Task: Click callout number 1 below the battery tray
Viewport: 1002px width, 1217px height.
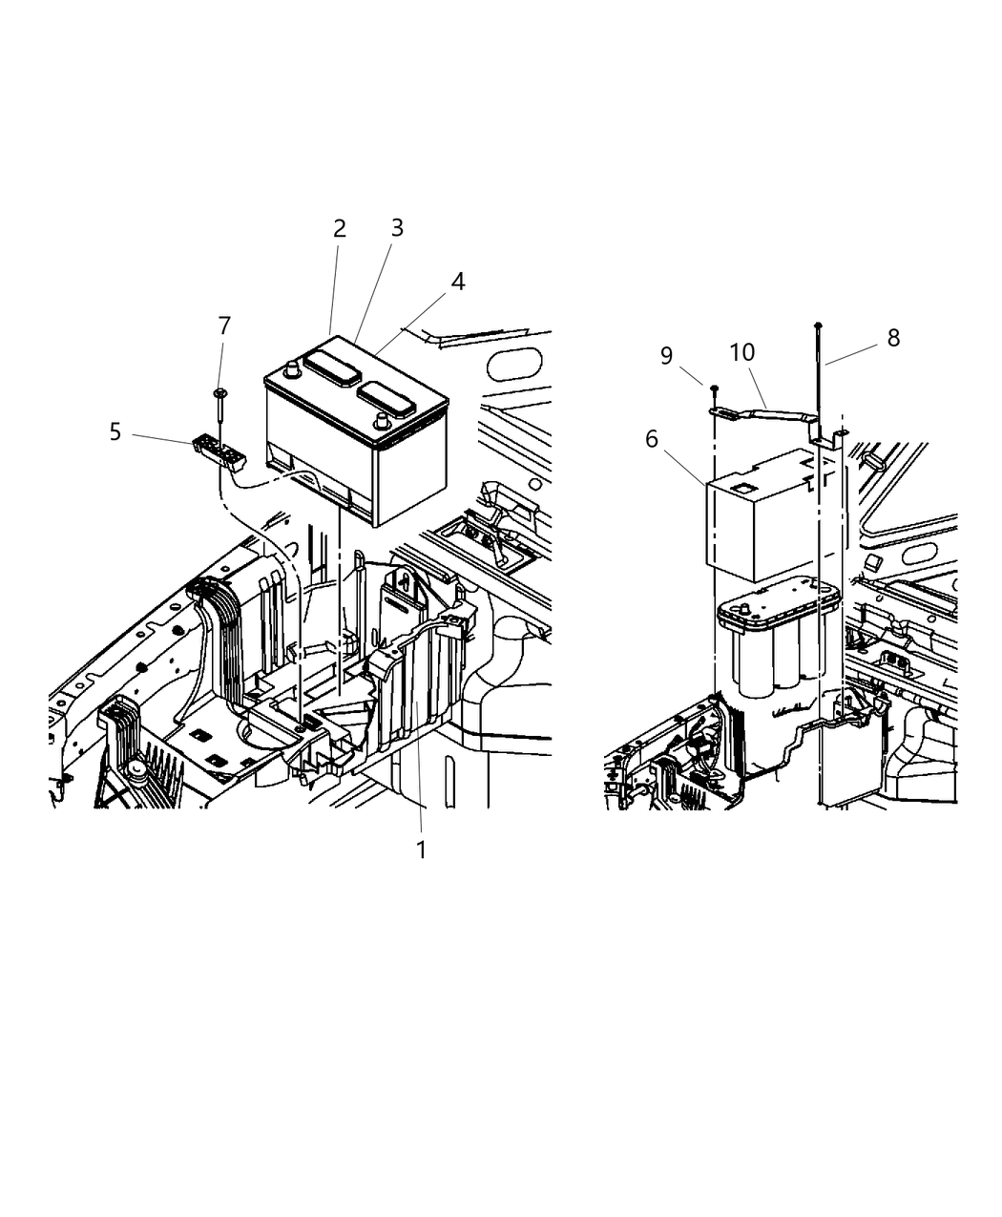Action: [x=421, y=850]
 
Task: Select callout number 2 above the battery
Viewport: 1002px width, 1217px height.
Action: [x=339, y=229]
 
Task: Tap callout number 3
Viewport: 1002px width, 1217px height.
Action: [x=397, y=228]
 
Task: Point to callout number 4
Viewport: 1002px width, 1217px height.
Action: [x=458, y=282]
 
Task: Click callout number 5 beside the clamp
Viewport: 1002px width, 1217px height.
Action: [x=115, y=431]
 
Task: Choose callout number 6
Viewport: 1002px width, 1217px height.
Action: [x=652, y=438]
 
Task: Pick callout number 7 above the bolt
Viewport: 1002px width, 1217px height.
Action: [x=224, y=326]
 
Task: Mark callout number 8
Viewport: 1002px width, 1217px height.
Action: [x=893, y=338]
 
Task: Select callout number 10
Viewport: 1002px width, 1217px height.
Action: [x=741, y=352]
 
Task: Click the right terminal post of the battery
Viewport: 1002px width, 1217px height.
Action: [x=381, y=420]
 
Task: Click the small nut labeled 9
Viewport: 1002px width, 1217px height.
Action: [x=714, y=387]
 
